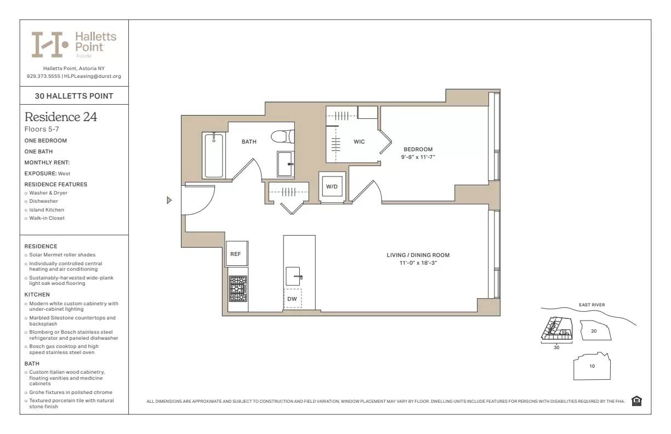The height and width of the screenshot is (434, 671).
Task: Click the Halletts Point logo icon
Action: coord(49,44)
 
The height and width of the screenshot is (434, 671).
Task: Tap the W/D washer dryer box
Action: coord(332,187)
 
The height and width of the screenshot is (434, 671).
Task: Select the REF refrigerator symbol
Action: coord(235,254)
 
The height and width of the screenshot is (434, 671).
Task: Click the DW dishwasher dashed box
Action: coord(292,299)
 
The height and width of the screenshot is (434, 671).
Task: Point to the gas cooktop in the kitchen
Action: coord(238,289)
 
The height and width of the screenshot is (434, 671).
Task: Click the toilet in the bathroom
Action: coord(283,136)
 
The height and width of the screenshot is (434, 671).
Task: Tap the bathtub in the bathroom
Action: coord(214,156)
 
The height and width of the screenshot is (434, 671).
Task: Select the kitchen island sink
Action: coord(293,276)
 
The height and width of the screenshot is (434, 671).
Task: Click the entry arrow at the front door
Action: coord(169,201)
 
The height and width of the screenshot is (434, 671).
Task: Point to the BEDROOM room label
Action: coord(418,149)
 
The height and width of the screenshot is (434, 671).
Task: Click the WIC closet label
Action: coord(359,142)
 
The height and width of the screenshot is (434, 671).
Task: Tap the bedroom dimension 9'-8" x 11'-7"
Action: coord(418,157)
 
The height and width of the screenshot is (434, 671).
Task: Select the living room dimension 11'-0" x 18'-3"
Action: coord(418,263)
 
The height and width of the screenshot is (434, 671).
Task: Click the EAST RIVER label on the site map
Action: coord(592,305)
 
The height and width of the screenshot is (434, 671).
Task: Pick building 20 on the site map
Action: coord(593,331)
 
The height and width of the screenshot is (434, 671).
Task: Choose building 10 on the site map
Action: coord(592,366)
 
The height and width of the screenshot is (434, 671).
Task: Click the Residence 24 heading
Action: coord(61,117)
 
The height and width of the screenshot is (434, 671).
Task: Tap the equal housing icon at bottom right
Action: coord(636,401)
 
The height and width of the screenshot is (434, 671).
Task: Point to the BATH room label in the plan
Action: coord(249,142)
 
